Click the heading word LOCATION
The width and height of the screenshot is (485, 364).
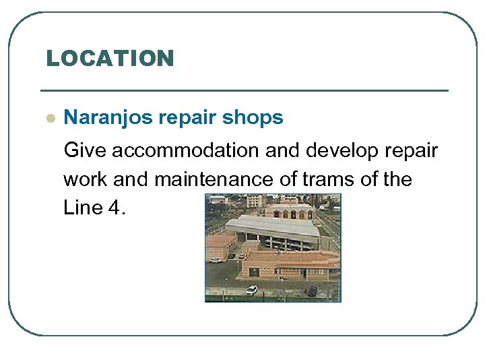pos(110,58)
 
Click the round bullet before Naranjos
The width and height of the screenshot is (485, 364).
pos(49,118)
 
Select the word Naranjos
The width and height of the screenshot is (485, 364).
pos(108,118)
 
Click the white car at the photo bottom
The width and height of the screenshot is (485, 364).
pos(251,290)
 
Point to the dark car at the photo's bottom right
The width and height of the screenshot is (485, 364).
pos(312,291)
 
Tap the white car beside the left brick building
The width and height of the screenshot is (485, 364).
pos(216,260)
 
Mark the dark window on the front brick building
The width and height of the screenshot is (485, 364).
pos(254,272)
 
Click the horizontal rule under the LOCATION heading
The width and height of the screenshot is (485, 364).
pos(244,90)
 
